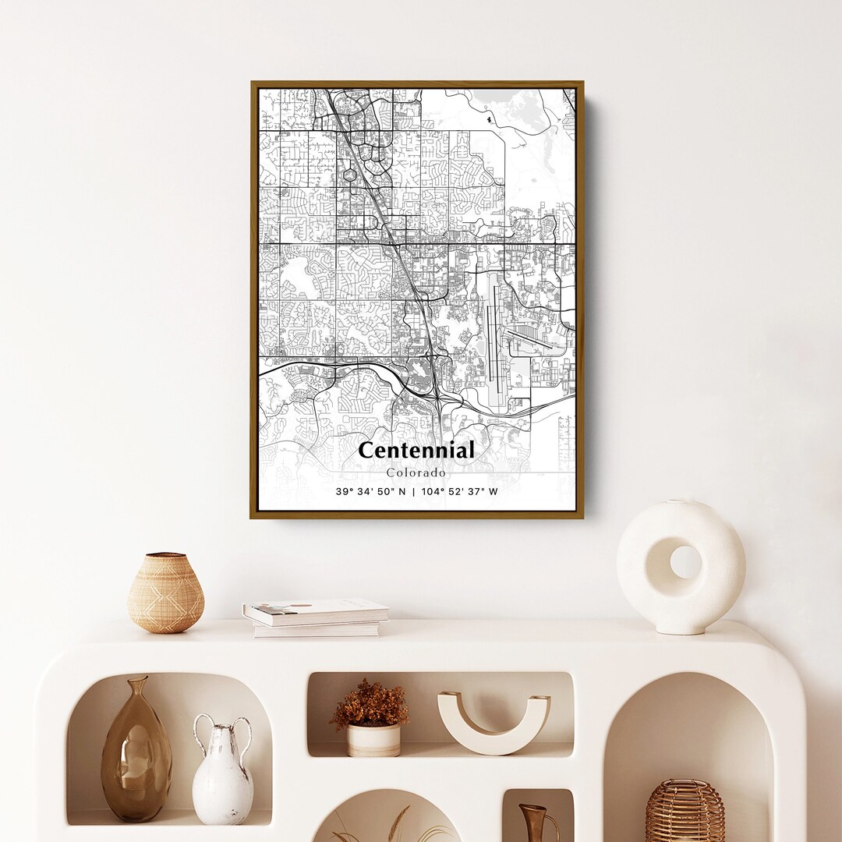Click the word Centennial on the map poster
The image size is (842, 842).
416,451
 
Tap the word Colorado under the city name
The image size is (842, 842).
416,472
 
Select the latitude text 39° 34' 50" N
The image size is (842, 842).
371,491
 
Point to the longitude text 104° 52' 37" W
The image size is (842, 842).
459,491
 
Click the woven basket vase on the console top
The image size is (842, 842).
165,593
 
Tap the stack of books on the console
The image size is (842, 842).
315,617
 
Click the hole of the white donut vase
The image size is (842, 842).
685,561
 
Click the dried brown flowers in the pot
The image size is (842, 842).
370,704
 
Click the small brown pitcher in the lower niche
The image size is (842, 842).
537,823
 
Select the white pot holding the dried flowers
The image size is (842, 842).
373,740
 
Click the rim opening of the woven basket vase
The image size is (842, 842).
166,557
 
